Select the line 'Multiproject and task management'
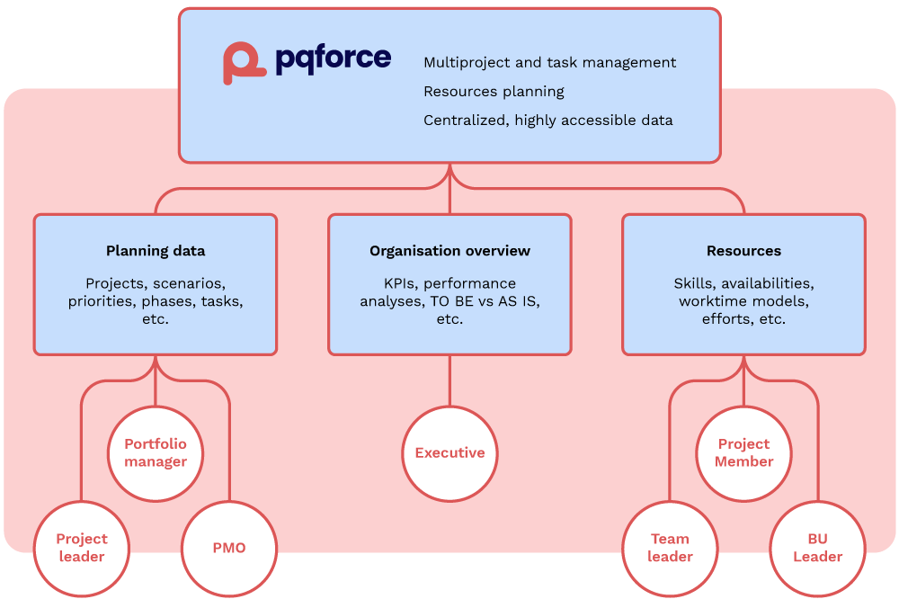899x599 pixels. pos(549,63)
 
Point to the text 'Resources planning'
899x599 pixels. pos(494,92)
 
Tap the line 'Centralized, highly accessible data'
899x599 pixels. pos(547,121)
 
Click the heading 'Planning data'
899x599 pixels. pos(156,251)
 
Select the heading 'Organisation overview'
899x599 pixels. pos(449,251)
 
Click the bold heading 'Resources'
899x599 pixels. pos(743,251)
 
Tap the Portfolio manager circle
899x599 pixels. pos(156,453)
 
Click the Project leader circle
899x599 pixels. pos(82,547)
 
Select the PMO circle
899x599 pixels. pos(229,547)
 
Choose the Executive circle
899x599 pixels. pos(449,453)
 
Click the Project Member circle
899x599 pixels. pos(743,453)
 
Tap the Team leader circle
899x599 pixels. pos(670,547)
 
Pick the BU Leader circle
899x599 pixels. pos(817,547)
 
